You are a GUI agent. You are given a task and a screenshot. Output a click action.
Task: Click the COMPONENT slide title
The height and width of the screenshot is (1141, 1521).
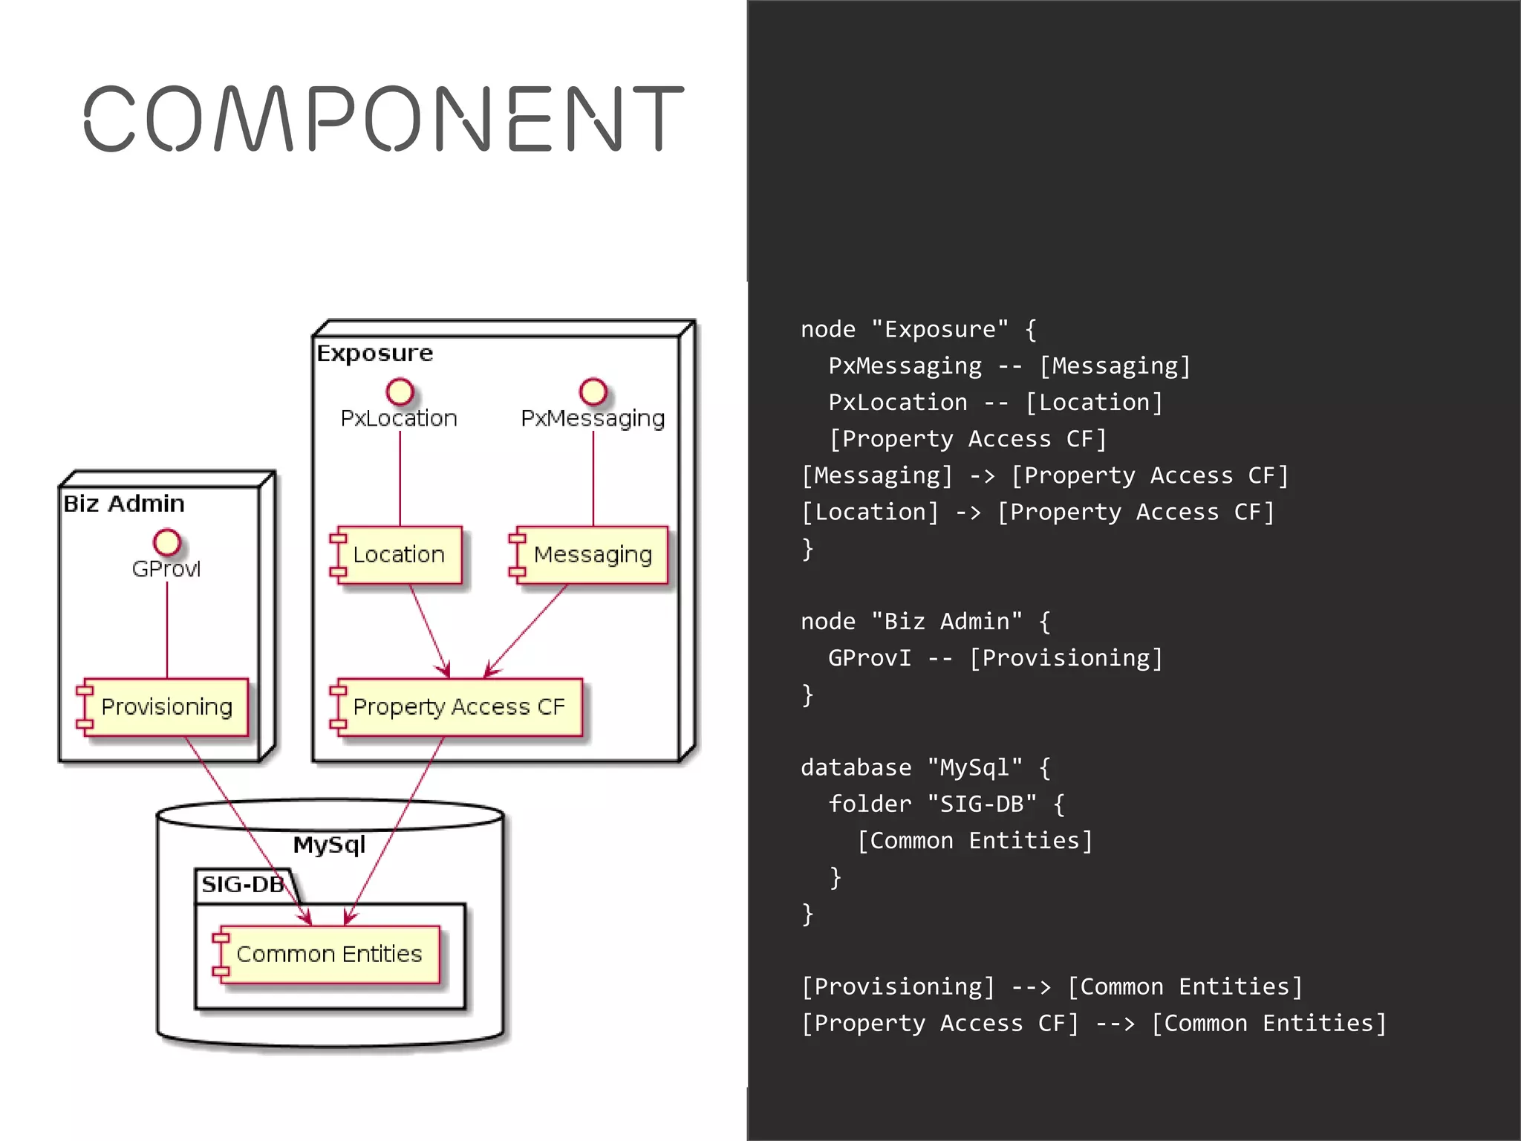tap(383, 119)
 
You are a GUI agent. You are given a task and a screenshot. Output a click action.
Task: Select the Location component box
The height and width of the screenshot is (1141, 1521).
tap(397, 555)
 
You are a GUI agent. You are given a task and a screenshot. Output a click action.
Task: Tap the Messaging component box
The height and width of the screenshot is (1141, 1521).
tap(590, 555)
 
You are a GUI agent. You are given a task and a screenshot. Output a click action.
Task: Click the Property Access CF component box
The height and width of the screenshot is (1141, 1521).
tap(457, 706)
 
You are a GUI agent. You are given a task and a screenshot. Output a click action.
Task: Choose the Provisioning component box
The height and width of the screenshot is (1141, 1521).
tap(164, 706)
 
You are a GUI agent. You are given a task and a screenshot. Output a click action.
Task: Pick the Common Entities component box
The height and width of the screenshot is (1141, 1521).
tap(328, 954)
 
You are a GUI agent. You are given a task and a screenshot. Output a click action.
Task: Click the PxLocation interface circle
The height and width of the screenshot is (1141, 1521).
tap(400, 391)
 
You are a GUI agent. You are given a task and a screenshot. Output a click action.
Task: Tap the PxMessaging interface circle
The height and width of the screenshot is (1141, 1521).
tap(593, 391)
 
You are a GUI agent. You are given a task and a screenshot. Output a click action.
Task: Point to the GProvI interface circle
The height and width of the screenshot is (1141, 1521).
tap(167, 542)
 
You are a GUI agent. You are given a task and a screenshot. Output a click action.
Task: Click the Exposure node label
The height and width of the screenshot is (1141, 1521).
tap(375, 353)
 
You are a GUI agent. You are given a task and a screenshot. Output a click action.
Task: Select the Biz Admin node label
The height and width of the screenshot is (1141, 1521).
tap(124, 504)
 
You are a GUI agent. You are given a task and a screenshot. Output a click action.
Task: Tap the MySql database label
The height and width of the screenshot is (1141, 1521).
tap(329, 845)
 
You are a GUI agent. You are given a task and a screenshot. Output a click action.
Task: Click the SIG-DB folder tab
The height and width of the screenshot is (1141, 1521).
tap(244, 885)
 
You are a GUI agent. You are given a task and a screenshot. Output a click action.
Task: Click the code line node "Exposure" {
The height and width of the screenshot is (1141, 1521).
tap(918, 329)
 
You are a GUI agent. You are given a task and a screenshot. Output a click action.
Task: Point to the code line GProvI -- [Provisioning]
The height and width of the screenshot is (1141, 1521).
tap(995, 657)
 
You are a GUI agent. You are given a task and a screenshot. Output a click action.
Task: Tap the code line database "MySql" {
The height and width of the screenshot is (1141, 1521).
tap(925, 767)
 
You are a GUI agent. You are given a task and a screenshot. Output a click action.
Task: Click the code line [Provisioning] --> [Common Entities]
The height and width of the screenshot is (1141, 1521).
tap(1052, 986)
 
